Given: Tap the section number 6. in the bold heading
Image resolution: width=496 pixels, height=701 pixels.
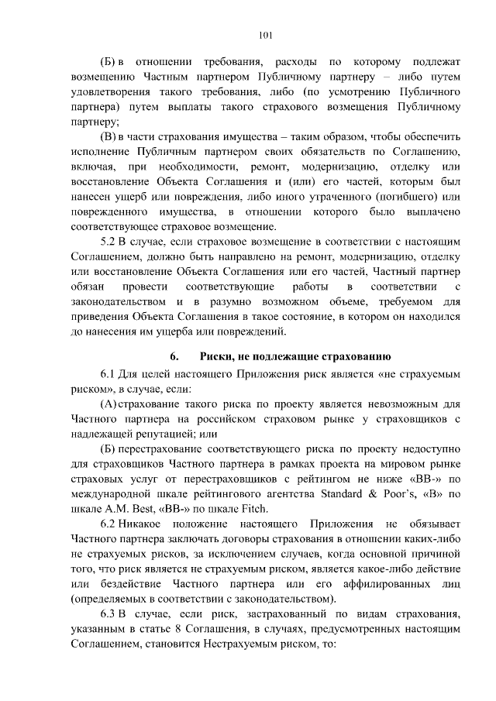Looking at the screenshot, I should [x=174, y=356].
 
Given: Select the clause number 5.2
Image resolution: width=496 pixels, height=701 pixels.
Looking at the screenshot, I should [x=110, y=243].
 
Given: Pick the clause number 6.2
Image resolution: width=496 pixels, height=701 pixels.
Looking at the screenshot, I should [x=110, y=524].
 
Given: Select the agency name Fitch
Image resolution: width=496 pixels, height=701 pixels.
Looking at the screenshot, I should [x=249, y=508].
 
